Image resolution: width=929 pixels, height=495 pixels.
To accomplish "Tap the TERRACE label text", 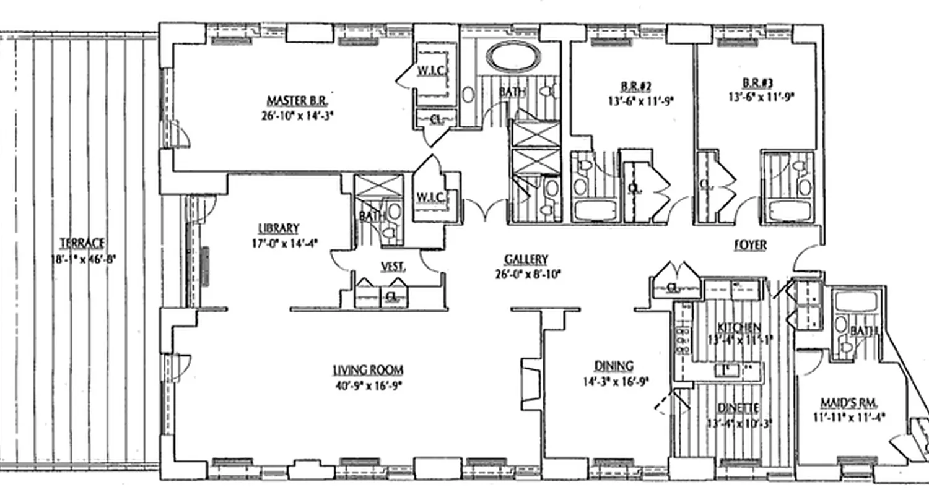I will pos(82,243).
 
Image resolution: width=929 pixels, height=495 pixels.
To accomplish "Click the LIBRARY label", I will pos(279,228).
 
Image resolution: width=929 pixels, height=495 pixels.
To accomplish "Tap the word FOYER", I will pos(750,246).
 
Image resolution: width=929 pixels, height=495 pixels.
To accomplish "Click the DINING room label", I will pos(613,366).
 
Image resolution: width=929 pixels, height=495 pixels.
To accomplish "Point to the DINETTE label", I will pos(738,408).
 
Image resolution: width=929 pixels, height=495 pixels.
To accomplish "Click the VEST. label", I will pos(393,267).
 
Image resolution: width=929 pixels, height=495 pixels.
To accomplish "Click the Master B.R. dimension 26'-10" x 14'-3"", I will pos(299,115).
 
